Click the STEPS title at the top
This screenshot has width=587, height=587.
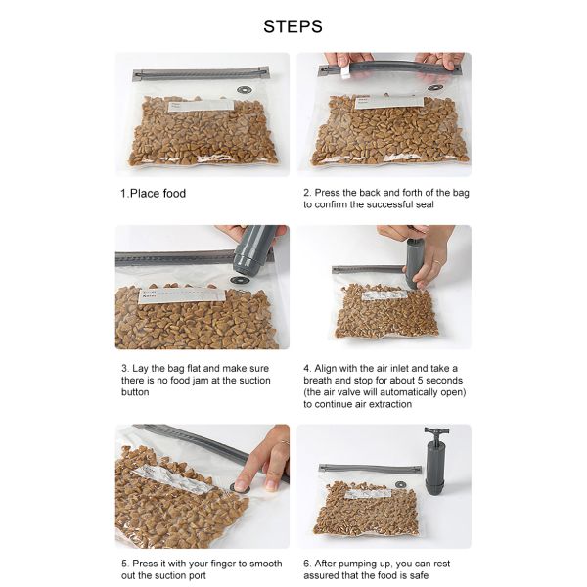click(293, 26)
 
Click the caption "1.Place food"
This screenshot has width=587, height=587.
click(154, 193)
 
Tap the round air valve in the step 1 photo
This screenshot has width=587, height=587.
click(245, 90)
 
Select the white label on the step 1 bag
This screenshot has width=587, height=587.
click(202, 106)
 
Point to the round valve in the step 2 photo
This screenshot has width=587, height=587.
click(435, 87)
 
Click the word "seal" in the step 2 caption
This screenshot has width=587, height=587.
click(425, 204)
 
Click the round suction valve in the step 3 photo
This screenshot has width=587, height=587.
click(240, 280)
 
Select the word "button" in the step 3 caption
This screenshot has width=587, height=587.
click(135, 392)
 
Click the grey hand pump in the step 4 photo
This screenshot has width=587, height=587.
click(414, 262)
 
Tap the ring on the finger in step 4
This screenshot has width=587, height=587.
click(437, 262)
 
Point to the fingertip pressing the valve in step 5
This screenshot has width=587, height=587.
click(242, 484)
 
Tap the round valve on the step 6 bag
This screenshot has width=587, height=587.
click(401, 485)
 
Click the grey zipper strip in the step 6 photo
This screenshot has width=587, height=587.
click(370, 469)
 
